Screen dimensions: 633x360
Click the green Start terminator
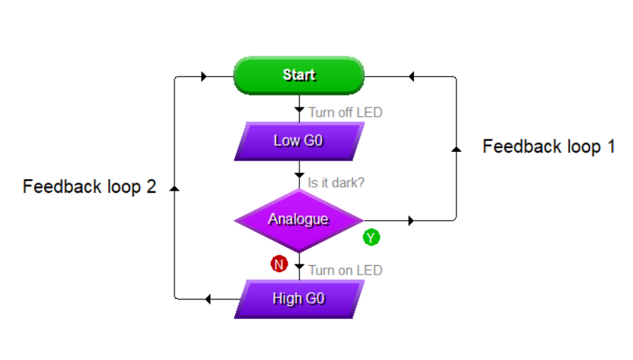pyautogui.click(x=299, y=75)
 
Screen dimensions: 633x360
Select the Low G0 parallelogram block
pyautogui.click(x=299, y=141)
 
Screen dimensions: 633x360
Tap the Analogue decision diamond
pyautogui.click(x=299, y=221)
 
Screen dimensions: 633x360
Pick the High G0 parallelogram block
pyautogui.click(x=299, y=299)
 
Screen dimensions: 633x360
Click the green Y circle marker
pyautogui.click(x=372, y=237)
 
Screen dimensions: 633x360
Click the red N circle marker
pyautogui.click(x=279, y=264)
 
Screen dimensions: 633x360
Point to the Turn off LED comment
pyautogui.click(x=345, y=112)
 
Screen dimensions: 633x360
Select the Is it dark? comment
pyautogui.click(x=336, y=183)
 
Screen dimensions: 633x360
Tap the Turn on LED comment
pyautogui.click(x=345, y=270)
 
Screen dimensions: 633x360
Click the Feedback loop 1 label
pyautogui.click(x=548, y=147)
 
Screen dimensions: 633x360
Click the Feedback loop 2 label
pyautogui.click(x=89, y=187)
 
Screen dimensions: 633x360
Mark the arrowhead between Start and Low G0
pyautogui.click(x=299, y=110)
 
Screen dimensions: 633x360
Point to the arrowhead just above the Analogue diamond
pyautogui.click(x=299, y=175)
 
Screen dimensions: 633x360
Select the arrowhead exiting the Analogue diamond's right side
pyautogui.click(x=411, y=221)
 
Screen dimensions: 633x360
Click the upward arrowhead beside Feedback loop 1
pyautogui.click(x=456, y=149)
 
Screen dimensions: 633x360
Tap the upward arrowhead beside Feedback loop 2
pyautogui.click(x=174, y=188)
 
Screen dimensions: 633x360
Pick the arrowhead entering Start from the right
pyautogui.click(x=411, y=76)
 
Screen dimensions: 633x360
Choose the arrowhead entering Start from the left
pyautogui.click(x=204, y=76)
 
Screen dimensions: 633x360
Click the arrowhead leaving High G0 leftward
pyautogui.click(x=208, y=299)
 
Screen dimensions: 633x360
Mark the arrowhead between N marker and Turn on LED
pyautogui.click(x=299, y=267)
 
